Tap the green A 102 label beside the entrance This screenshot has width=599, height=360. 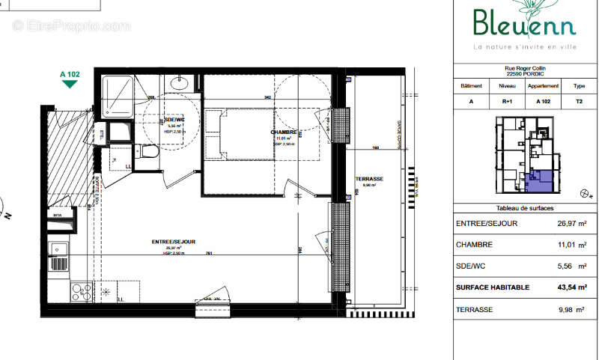(70, 74)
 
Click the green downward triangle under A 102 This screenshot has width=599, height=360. (70, 84)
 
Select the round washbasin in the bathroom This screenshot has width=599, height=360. (179, 84)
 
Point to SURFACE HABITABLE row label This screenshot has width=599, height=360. (492, 287)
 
